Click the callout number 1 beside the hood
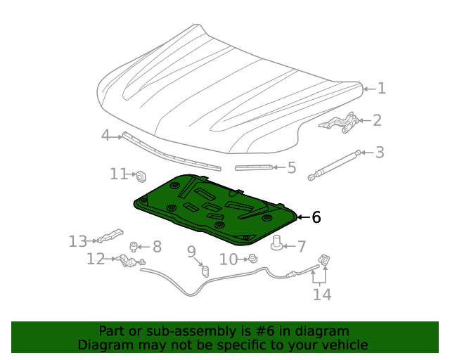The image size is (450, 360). (x=381, y=89)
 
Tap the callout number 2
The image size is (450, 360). (x=377, y=120)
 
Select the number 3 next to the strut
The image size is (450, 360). (x=379, y=152)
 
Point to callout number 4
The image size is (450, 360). (x=105, y=135)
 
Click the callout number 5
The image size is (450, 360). (x=291, y=167)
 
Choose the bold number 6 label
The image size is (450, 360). (x=316, y=217)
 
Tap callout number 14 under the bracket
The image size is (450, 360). (x=321, y=295)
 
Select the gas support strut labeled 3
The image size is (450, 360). (x=335, y=165)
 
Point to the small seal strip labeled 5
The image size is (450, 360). (x=254, y=167)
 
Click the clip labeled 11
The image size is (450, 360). (x=140, y=174)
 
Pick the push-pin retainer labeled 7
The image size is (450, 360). (x=278, y=244)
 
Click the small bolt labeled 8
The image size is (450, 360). (x=134, y=246)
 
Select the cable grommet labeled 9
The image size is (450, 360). (x=206, y=270)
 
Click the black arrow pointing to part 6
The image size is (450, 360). (x=302, y=217)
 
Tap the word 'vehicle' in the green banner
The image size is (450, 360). (x=344, y=345)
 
